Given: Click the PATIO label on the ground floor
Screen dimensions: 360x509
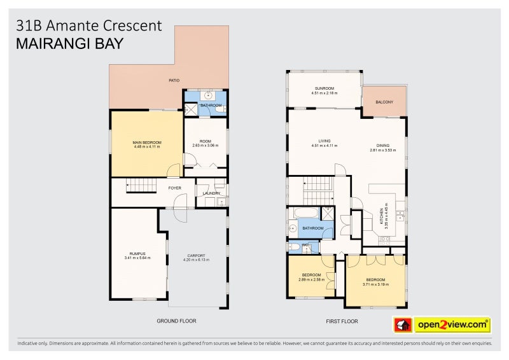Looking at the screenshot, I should pyautogui.click(x=173, y=81).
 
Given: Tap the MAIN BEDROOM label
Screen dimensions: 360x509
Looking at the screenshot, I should pyautogui.click(x=146, y=142).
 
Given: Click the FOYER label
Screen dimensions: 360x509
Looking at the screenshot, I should pyautogui.click(x=174, y=188).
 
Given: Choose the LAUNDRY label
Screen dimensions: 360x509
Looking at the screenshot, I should pyautogui.click(x=211, y=193).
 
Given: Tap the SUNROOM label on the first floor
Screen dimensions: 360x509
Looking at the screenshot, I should pyautogui.click(x=324, y=88).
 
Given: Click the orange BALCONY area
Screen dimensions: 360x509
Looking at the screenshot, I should pyautogui.click(x=384, y=102).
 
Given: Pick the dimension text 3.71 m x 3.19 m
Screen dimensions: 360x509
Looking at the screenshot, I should pyautogui.click(x=375, y=284).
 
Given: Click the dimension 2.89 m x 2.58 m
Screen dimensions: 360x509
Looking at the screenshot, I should pyautogui.click(x=312, y=279).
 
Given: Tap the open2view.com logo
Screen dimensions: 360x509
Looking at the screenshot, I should pyautogui.click(x=452, y=325).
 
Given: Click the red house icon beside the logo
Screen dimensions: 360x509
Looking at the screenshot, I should pyautogui.click(x=402, y=325).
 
